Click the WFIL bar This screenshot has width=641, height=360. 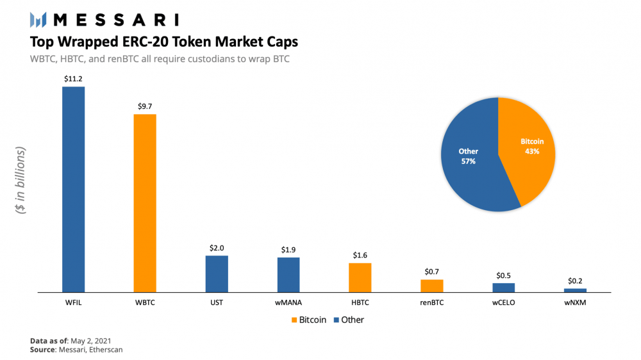click(x=73, y=189)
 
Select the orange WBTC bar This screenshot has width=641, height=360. click(x=145, y=203)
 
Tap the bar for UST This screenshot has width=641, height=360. click(x=217, y=274)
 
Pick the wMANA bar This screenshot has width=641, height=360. click(x=288, y=274)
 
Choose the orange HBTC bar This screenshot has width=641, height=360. click(x=360, y=277)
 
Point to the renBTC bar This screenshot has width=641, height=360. click(x=432, y=285)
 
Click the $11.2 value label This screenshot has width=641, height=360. click(x=73, y=79)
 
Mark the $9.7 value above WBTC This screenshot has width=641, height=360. click(x=145, y=106)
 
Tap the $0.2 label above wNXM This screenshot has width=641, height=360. click(x=575, y=281)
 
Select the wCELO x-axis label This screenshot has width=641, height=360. click(x=503, y=302)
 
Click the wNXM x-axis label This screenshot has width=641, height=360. click(x=575, y=302)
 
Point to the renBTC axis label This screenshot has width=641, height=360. click(x=432, y=302)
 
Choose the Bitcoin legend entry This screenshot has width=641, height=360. click(x=308, y=320)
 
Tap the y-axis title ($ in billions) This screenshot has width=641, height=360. click(x=21, y=180)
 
